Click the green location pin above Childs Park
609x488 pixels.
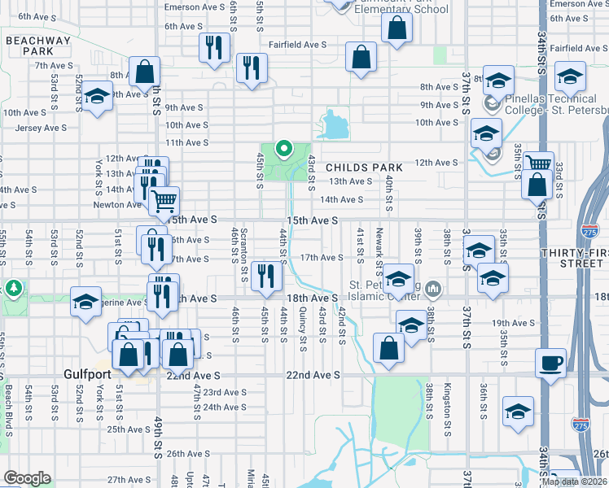coord(284,149)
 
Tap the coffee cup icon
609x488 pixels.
coord(550,363)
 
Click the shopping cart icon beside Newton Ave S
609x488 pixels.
coord(165,200)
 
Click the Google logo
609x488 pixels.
coord(27,478)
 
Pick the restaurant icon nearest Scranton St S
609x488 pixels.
coord(265,277)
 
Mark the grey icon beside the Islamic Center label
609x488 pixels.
coord(433,287)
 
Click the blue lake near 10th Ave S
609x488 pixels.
coord(335,125)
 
